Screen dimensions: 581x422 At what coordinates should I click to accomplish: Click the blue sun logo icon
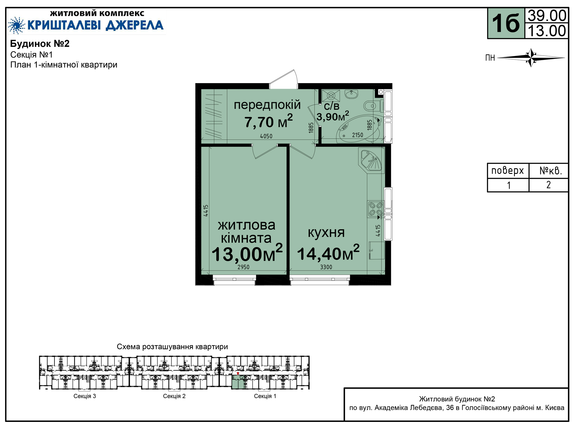[x=17, y=25]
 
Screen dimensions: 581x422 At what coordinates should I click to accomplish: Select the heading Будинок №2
[x=40, y=44]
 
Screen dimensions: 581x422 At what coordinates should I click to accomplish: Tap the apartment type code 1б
[x=506, y=24]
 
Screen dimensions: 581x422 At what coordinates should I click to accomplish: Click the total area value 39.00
[x=547, y=16]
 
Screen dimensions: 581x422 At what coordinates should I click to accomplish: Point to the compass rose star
[x=531, y=57]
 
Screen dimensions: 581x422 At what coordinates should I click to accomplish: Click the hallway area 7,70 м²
[x=268, y=122]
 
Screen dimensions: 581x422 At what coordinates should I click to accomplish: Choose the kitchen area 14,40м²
[x=328, y=253]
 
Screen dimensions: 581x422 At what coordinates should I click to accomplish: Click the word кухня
[x=326, y=233]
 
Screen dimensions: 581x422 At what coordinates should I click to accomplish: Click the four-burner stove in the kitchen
[x=376, y=209]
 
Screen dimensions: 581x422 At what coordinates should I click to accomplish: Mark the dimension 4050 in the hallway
[x=266, y=136]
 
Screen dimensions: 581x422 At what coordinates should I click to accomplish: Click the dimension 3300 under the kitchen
[x=326, y=267]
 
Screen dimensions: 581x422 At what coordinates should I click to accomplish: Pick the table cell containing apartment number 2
[x=548, y=185]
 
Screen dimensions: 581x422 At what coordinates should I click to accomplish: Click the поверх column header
[x=508, y=171]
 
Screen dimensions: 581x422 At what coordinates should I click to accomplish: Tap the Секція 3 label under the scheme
[x=85, y=396]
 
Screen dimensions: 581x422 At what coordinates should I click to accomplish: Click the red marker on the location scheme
[x=238, y=374]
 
